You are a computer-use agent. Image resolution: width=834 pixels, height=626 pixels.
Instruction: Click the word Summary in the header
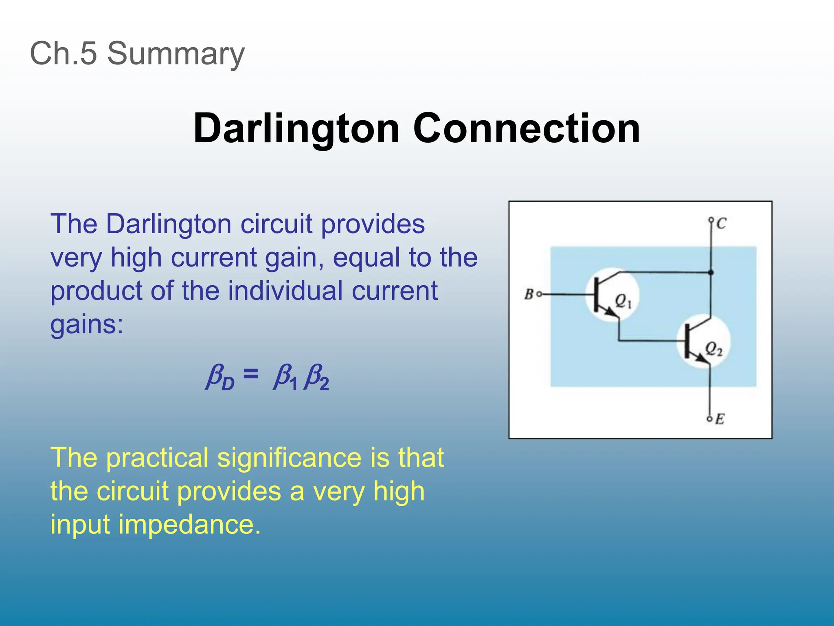coord(176,53)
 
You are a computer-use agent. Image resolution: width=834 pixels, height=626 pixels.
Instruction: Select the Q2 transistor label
coord(714,349)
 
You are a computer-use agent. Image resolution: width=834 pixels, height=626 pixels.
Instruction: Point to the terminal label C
coord(721,223)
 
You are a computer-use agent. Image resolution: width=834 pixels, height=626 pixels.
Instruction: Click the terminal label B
coord(529,294)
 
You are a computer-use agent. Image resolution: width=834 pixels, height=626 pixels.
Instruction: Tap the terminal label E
coord(720,419)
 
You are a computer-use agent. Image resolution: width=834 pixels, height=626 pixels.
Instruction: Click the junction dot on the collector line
coord(711,272)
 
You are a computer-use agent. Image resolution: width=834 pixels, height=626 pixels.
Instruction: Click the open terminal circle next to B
coord(539,294)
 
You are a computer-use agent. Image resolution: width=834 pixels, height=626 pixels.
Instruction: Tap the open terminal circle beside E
coord(709,419)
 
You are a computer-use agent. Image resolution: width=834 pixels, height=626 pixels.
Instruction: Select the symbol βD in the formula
coord(220,377)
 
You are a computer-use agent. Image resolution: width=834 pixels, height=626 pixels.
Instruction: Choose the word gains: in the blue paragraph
coord(86,324)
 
